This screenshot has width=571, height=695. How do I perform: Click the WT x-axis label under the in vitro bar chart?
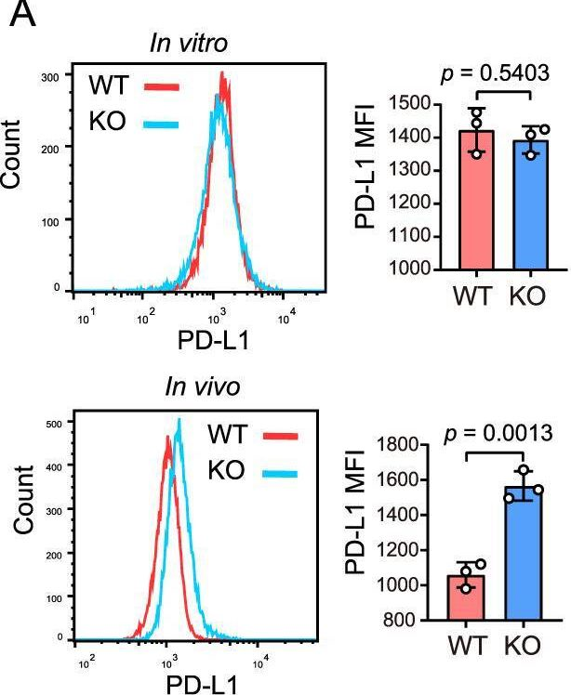pyautogui.click(x=451, y=295)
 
